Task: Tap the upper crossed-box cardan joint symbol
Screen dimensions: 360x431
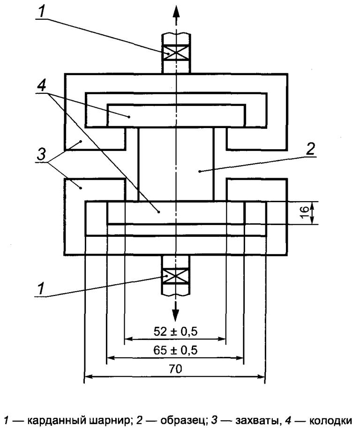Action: tap(176, 52)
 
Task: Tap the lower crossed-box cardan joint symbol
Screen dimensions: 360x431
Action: tap(176, 276)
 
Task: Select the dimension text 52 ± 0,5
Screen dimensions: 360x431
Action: tap(175, 332)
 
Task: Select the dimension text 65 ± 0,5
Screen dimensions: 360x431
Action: tap(175, 350)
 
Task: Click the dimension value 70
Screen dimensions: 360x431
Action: tap(175, 369)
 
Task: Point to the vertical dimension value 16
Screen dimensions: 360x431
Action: tap(304, 213)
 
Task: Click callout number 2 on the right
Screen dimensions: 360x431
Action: tap(310, 150)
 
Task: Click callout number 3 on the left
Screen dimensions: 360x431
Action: tap(41, 154)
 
